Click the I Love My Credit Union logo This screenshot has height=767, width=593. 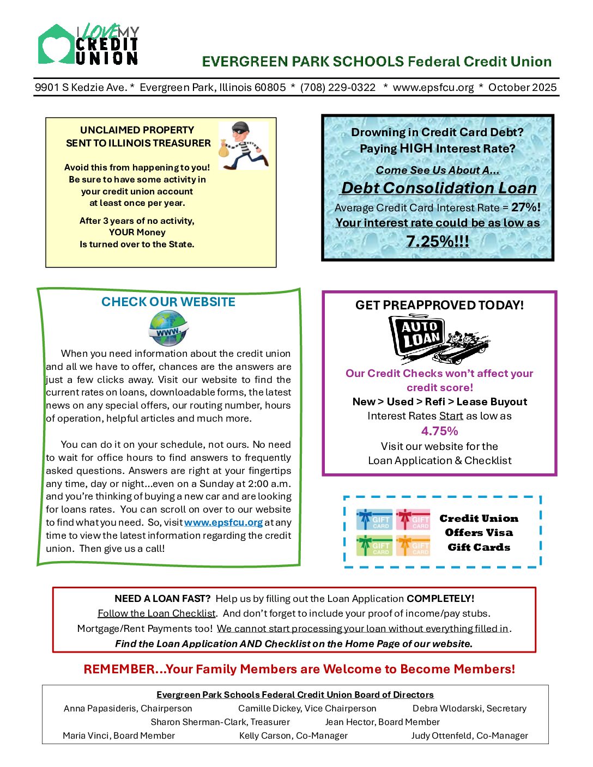click(x=88, y=45)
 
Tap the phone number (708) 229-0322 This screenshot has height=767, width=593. click(x=338, y=87)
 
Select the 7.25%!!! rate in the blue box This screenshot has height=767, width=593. click(x=437, y=241)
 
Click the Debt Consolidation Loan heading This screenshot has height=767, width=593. click(x=439, y=188)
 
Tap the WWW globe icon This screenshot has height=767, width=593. click(x=168, y=328)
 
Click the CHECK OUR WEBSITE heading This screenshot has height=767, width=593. click(x=168, y=302)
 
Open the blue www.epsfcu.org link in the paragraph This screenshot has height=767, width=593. click(x=223, y=522)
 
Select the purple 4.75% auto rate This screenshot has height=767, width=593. click(x=439, y=431)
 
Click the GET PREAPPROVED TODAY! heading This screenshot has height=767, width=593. click(x=439, y=305)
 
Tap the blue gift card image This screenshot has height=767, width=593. click(x=374, y=519)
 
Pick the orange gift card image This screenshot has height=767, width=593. click(x=413, y=545)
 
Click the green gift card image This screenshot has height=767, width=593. click(x=374, y=545)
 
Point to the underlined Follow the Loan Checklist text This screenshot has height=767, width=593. click(x=156, y=613)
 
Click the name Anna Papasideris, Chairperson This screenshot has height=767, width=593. click(x=128, y=708)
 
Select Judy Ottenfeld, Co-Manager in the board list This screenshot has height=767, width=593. click(x=469, y=735)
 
